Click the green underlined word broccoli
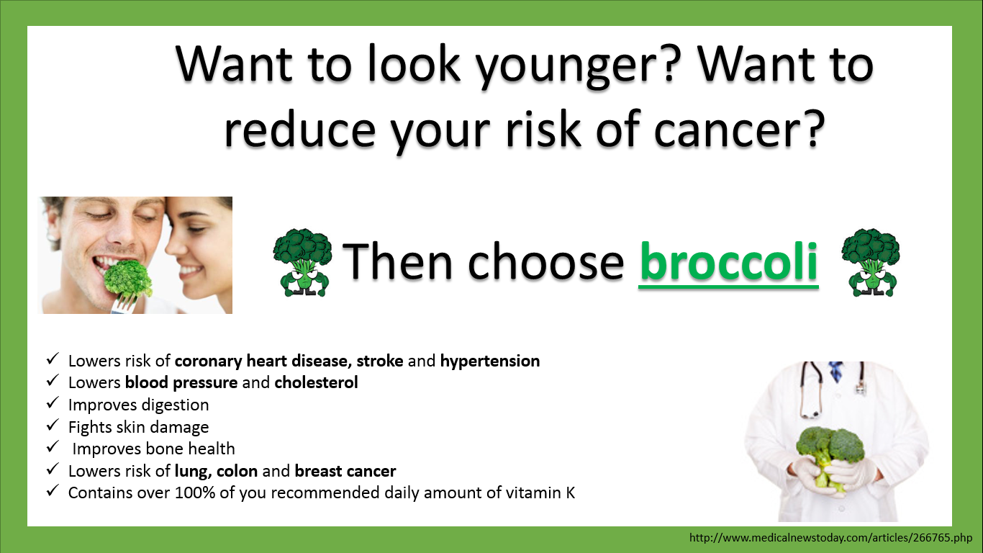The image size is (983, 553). click(728, 263)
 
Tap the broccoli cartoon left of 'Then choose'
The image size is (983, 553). click(302, 262)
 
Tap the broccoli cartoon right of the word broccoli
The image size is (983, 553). click(870, 262)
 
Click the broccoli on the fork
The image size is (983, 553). click(129, 280)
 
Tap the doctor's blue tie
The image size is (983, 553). click(835, 372)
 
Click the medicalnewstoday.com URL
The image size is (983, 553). click(830, 538)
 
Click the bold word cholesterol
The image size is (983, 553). click(316, 383)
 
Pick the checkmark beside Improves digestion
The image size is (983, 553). click(53, 403)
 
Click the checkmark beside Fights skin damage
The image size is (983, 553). click(53, 426)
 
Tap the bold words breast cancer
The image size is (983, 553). click(345, 472)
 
